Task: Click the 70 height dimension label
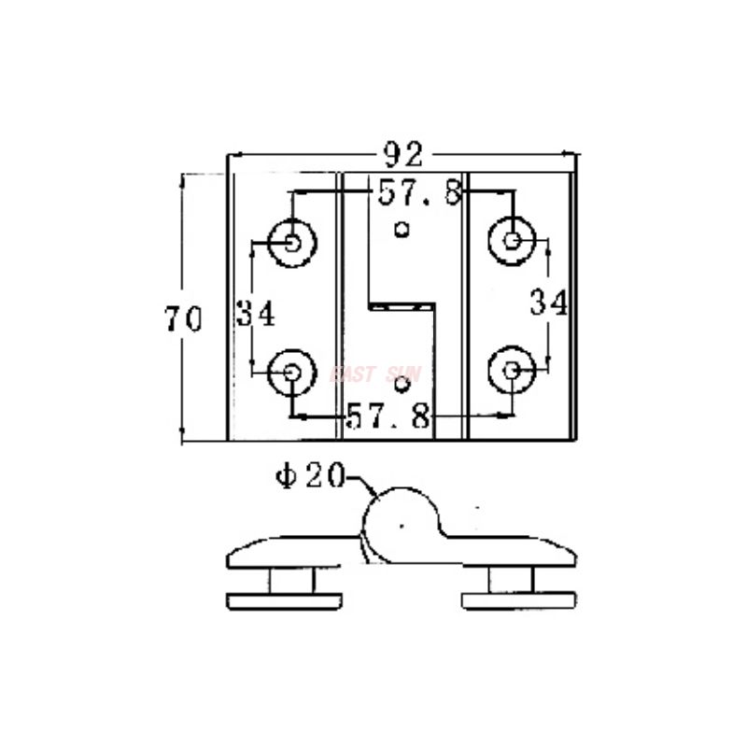183,320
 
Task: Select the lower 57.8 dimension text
388,416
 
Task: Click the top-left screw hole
292,243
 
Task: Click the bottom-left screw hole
292,372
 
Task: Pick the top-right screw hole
512,241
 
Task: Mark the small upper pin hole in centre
402,229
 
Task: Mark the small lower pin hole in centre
402,384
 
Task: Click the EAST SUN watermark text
376,375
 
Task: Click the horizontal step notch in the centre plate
402,304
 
